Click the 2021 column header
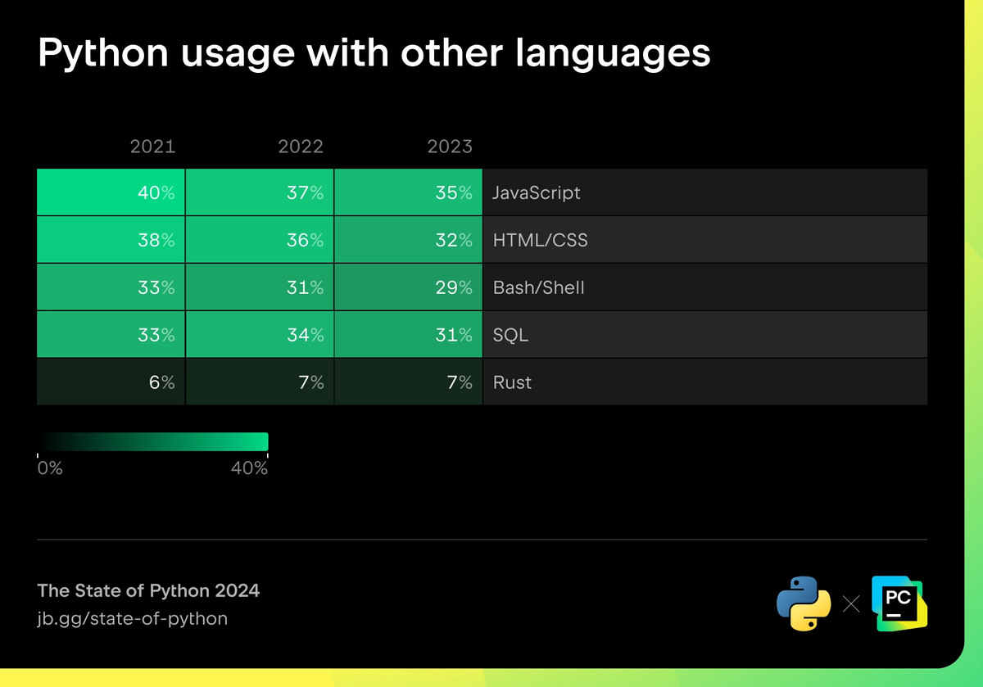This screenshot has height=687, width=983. (152, 147)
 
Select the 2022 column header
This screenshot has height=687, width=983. (301, 147)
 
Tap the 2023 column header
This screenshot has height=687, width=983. (450, 147)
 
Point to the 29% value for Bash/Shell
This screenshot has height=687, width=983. (454, 288)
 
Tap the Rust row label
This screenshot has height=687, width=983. (512, 382)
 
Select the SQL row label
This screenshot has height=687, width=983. (510, 335)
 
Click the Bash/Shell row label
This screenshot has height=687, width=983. (538, 288)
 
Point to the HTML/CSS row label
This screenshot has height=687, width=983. (540, 241)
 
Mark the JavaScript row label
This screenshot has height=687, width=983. (536, 193)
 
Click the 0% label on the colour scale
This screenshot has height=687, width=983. (50, 468)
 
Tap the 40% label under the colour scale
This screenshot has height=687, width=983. (249, 468)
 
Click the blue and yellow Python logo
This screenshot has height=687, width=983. (798, 603)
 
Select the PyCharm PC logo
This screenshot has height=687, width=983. (899, 603)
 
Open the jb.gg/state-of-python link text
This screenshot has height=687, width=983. (133, 618)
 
